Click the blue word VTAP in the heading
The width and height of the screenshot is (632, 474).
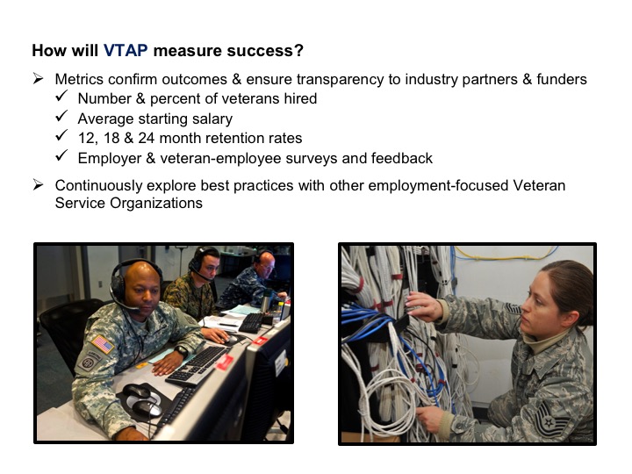(126, 50)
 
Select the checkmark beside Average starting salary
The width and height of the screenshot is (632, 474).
(61, 117)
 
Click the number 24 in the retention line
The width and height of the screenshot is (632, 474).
(147, 138)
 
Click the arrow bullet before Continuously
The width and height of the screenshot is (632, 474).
(39, 185)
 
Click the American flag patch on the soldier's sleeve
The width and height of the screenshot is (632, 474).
(103, 344)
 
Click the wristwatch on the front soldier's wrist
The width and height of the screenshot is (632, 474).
(181, 352)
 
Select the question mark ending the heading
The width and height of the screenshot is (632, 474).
(298, 50)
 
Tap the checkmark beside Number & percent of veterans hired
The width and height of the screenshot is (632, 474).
(61, 97)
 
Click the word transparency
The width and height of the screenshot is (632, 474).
(340, 79)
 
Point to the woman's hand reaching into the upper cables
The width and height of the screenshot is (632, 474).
(424, 305)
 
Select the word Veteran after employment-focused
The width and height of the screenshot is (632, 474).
(539, 185)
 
